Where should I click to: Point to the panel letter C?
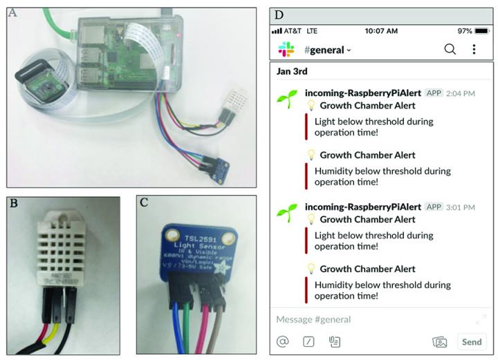(x=143, y=203)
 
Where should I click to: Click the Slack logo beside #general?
(x=286, y=49)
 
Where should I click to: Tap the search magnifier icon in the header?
(x=450, y=49)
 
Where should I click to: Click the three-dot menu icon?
(x=474, y=49)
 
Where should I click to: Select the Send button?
(x=472, y=341)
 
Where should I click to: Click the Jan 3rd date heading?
(x=291, y=71)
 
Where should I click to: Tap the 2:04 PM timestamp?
(x=461, y=93)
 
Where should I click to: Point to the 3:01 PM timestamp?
(x=461, y=207)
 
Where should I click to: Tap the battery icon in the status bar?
(x=482, y=31)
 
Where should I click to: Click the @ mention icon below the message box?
(x=282, y=341)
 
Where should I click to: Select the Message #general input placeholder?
(x=313, y=319)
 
